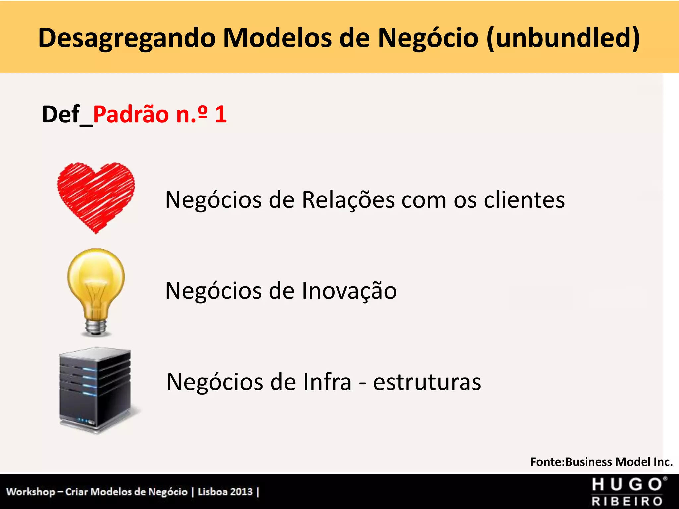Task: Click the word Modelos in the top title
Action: tap(277, 37)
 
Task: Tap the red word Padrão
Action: tap(131, 115)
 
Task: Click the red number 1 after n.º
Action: tap(221, 114)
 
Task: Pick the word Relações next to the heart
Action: tap(348, 200)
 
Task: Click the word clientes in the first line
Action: tap(524, 200)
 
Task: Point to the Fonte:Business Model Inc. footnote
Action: tap(601, 462)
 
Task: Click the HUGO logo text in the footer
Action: tap(628, 485)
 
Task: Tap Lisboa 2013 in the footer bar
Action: tap(225, 492)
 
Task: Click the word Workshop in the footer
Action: tap(31, 492)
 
